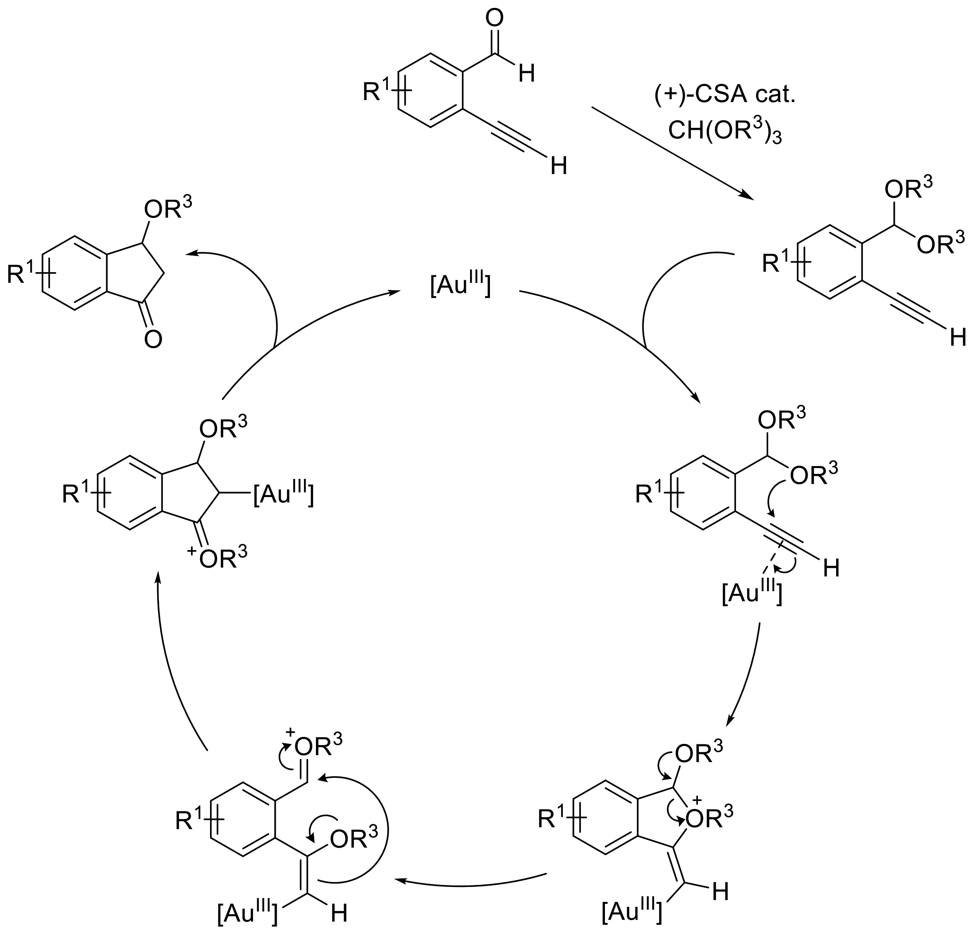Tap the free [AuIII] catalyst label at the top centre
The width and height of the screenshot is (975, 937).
coord(460,287)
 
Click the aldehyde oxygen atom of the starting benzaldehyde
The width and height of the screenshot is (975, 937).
coord(494,19)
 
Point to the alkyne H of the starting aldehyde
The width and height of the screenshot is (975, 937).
coord(559,166)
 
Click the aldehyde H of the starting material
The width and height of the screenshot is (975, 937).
coord(526,74)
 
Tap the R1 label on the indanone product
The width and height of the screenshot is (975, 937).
coord(22,274)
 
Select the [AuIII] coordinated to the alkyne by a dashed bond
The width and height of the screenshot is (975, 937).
coord(752,593)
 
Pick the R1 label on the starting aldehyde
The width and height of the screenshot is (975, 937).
coord(378,92)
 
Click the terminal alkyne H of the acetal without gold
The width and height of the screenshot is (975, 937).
coord(958,338)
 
